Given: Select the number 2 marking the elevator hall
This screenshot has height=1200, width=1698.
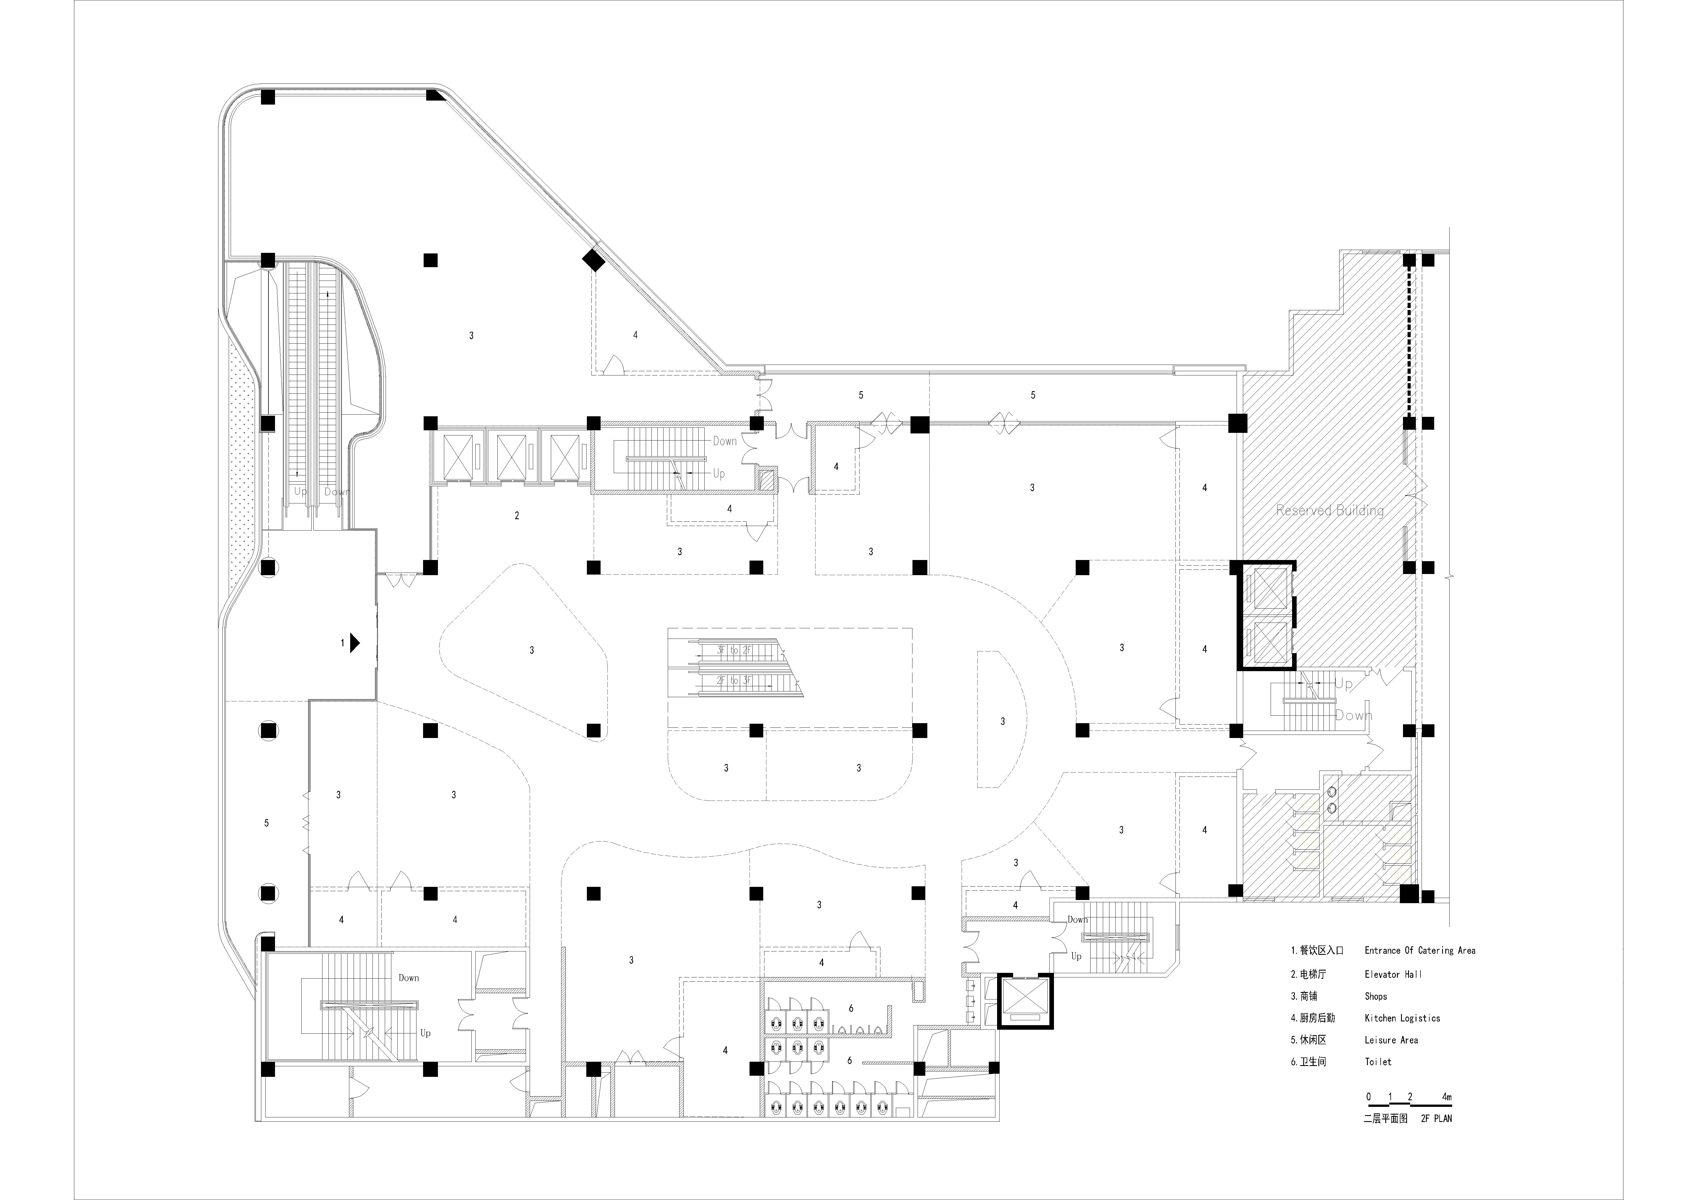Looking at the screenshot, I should [x=517, y=515].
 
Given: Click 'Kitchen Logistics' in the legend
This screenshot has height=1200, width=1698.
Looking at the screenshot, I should [x=1402, y=1018].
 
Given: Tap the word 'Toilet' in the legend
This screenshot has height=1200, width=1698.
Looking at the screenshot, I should [x=1378, y=1062].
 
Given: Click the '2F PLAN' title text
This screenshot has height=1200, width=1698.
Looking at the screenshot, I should [x=1436, y=1119].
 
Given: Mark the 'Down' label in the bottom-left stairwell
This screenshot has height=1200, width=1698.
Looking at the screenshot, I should [x=409, y=977].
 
